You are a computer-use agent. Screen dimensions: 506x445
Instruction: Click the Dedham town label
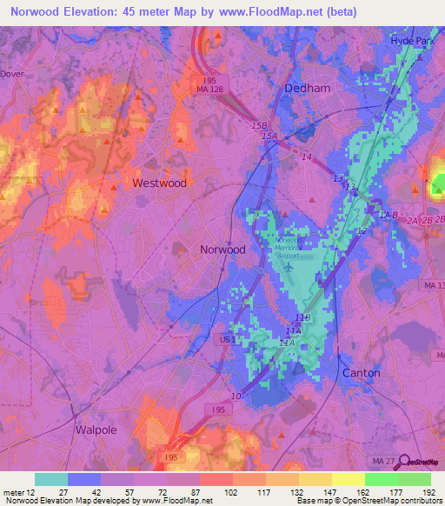click(308, 89)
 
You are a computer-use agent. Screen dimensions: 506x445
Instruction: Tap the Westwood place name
click(159, 183)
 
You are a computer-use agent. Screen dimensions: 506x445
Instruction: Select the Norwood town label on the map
click(222, 249)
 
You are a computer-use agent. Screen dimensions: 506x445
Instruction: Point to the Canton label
click(361, 373)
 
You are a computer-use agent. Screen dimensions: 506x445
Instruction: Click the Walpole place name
click(96, 429)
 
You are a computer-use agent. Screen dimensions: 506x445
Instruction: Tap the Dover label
click(10, 74)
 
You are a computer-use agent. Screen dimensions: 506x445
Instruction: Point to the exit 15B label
click(259, 126)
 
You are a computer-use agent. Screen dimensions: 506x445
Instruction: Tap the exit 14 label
click(305, 156)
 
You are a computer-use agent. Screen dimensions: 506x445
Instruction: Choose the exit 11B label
click(302, 317)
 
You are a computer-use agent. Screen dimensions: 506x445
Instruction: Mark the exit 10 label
click(236, 396)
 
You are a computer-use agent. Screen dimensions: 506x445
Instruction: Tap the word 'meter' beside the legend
click(13, 492)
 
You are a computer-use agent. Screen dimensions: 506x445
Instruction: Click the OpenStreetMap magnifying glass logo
click(401, 461)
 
